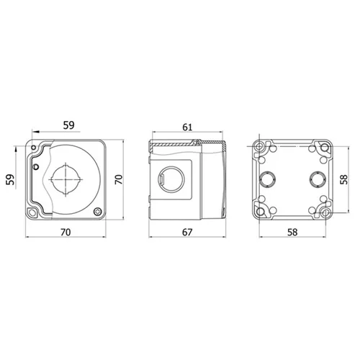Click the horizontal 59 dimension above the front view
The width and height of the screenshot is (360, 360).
tap(69, 125)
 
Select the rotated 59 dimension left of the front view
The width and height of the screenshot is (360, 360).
tap(10, 179)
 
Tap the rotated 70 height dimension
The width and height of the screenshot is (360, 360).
tap(119, 179)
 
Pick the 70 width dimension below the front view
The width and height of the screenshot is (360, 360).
tap(66, 232)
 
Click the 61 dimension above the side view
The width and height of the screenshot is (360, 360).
tap(187, 127)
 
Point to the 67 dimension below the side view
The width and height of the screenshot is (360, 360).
tap(187, 232)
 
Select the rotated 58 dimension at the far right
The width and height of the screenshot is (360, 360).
tap(344, 179)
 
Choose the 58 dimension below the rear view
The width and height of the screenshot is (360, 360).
tap(292, 232)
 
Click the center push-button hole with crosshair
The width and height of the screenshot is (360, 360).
tap(66, 179)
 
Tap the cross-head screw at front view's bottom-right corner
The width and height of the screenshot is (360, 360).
tap(98, 212)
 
